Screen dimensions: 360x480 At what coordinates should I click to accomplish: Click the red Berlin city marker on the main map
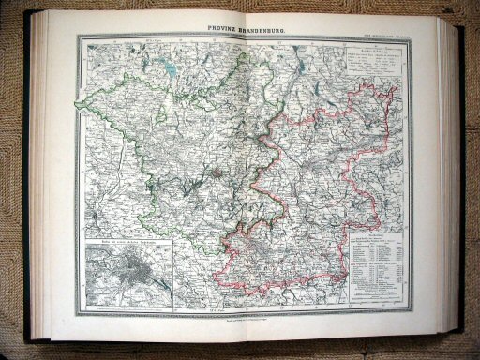[217, 172]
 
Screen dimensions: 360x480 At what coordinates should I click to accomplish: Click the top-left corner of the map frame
[79, 37]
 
